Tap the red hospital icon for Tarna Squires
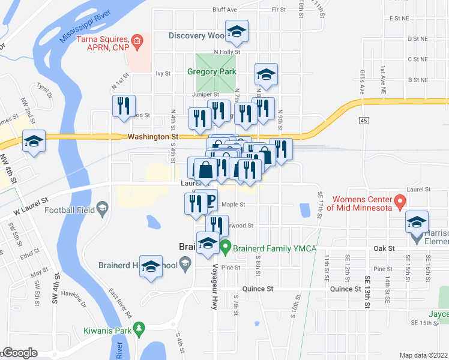pyautogui.click(x=137, y=41)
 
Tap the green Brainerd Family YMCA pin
pyautogui.click(x=225, y=245)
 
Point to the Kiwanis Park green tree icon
pyautogui.click(x=140, y=328)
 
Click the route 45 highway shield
pyautogui.click(x=364, y=121)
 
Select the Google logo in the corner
pyautogui.click(x=19, y=353)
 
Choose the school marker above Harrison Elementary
pyautogui.click(x=417, y=221)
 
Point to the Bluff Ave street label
pyautogui.click(x=224, y=10)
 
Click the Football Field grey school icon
pyautogui.click(x=103, y=209)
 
